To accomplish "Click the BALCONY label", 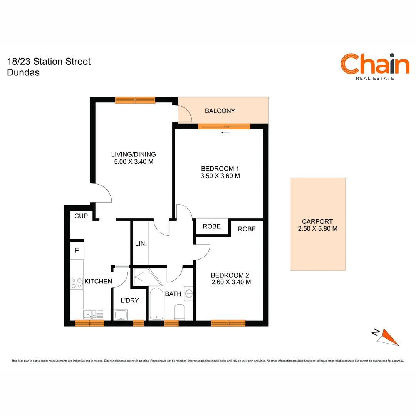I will tap(220, 111).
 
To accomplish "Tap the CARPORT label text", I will tap(317, 221).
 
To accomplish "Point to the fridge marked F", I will tap(77, 251).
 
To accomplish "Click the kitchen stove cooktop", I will tap(77, 283).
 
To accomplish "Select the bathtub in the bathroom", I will tap(156, 303).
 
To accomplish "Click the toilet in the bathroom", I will tap(180, 312).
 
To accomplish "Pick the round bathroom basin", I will tap(189, 294).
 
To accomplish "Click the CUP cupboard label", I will tap(81, 216).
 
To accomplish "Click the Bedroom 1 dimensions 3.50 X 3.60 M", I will tap(221, 176).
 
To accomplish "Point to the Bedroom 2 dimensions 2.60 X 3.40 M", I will tap(231, 282).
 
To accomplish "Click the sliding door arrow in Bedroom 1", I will tap(225, 133).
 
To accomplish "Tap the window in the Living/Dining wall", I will tap(135, 100).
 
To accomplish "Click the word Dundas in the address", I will tap(23, 72).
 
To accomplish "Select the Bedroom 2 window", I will tap(228, 323).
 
